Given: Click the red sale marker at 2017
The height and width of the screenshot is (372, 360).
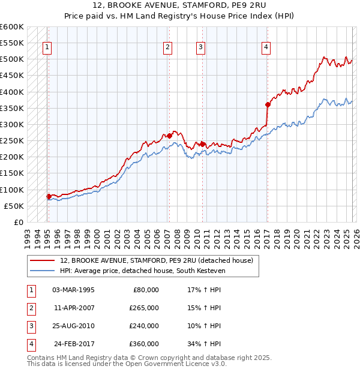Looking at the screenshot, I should click(268, 105).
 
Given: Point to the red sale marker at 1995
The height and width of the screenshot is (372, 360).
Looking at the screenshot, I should click(49, 196).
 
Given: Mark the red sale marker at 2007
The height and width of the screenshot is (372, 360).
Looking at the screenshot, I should click(169, 136).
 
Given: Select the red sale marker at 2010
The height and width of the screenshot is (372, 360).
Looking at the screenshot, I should click(203, 144).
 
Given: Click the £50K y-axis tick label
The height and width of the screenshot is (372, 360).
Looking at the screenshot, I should click(14, 206).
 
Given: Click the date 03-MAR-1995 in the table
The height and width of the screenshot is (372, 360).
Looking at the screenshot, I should click(73, 290).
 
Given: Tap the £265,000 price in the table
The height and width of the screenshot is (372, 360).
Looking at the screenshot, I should click(144, 308).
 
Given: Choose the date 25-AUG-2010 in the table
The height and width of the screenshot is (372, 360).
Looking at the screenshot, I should click(73, 326).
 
